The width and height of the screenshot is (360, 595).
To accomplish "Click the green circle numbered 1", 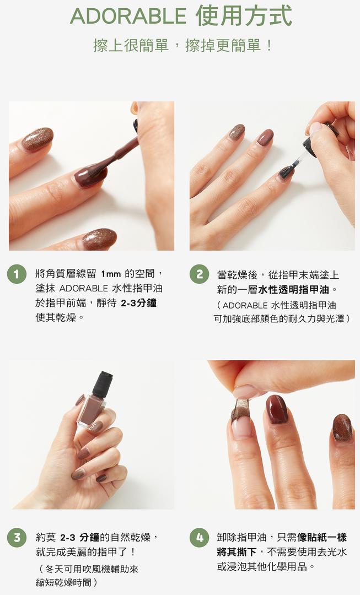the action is (x=17, y=274).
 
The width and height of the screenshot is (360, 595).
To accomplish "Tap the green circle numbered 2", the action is (x=200, y=274).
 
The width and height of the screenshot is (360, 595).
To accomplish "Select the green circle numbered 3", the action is (x=17, y=537).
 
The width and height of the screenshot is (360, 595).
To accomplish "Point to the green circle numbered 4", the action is (x=200, y=537).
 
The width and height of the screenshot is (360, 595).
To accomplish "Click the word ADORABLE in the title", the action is (x=128, y=17).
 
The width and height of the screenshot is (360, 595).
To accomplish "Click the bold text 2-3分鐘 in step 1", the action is (x=138, y=303).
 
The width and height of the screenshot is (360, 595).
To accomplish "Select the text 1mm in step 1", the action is (x=110, y=274).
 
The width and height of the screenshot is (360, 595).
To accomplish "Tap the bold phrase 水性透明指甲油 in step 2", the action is (x=293, y=290).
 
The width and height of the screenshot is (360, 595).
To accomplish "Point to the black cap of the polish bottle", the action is (x=103, y=383).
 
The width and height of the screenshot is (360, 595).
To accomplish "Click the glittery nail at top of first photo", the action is (x=37, y=139).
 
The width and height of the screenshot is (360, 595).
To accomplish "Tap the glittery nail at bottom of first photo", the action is (x=99, y=239).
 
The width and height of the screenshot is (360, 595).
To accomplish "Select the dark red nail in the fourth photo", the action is (x=276, y=409).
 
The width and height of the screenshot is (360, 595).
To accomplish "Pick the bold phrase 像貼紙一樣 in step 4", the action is (x=322, y=537).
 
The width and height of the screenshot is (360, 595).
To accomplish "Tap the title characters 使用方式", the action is (x=244, y=16).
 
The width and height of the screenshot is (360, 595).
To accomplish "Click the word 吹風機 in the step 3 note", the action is (x=93, y=569).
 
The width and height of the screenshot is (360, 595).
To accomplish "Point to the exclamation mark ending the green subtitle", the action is (x=269, y=46).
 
